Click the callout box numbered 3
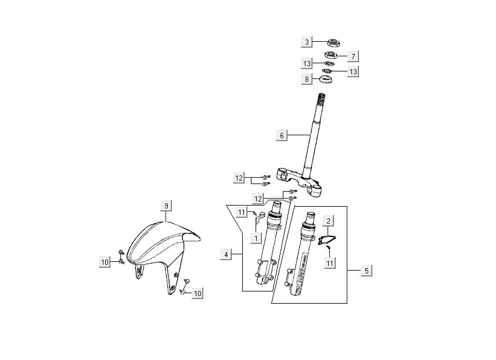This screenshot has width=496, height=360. [x=307, y=42]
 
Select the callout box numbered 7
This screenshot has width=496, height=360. [x=353, y=56]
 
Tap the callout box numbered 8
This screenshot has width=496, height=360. [x=307, y=80]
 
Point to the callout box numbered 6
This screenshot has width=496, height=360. [x=282, y=136]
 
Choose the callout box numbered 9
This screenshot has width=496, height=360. [x=166, y=206]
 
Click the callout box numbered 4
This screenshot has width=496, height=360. [x=227, y=254]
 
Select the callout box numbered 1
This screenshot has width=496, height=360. [x=254, y=237]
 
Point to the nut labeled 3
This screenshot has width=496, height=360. [x=334, y=42]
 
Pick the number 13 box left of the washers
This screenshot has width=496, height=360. [x=307, y=63]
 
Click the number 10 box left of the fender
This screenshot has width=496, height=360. [x=105, y=263]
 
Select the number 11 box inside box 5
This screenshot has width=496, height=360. [x=330, y=263]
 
